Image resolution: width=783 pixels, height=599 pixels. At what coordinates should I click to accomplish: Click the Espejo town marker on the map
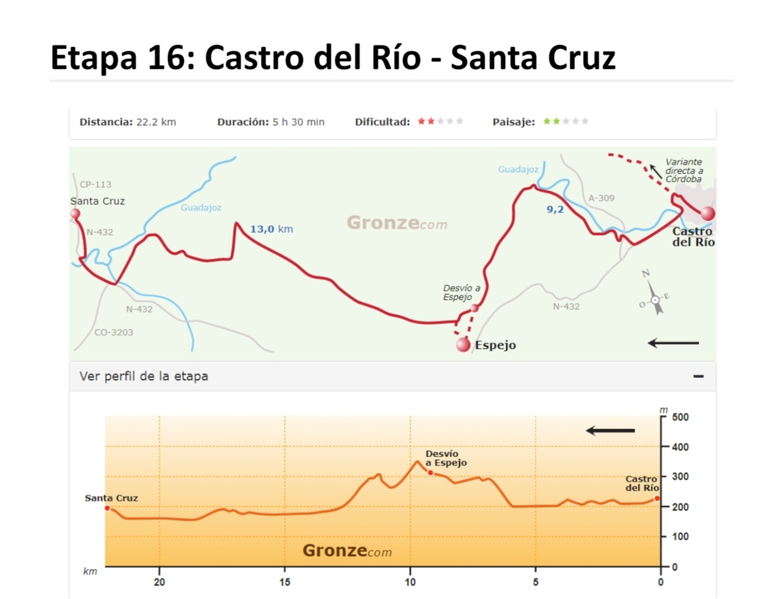(x=463, y=345)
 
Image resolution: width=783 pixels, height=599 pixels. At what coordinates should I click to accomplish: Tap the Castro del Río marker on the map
(x=707, y=213)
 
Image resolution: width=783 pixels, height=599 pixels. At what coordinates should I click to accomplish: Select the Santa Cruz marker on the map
(x=75, y=213)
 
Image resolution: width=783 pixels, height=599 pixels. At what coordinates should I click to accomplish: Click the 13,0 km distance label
(x=271, y=229)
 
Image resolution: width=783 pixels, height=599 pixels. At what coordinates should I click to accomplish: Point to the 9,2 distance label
(x=555, y=210)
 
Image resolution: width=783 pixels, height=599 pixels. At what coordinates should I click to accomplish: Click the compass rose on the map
(x=655, y=298)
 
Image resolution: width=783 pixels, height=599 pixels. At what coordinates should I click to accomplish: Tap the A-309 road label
(x=601, y=197)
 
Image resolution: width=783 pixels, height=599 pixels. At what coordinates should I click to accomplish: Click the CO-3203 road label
(x=113, y=332)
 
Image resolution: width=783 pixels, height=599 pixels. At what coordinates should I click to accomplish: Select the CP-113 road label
(x=95, y=184)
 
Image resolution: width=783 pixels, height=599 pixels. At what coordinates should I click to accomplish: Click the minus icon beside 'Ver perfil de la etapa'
(x=699, y=376)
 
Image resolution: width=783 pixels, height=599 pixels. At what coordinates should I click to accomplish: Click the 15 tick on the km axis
(x=285, y=582)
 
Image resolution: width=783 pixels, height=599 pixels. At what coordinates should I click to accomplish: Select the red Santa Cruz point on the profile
(x=107, y=508)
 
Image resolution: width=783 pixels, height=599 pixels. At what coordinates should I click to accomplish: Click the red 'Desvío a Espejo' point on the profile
(x=430, y=472)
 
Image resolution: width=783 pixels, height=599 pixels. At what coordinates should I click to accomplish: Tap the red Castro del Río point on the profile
(x=657, y=498)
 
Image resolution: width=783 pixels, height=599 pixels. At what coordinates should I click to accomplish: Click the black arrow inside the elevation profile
(x=610, y=430)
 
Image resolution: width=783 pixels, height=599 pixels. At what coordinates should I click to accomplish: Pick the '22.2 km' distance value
(x=156, y=122)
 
